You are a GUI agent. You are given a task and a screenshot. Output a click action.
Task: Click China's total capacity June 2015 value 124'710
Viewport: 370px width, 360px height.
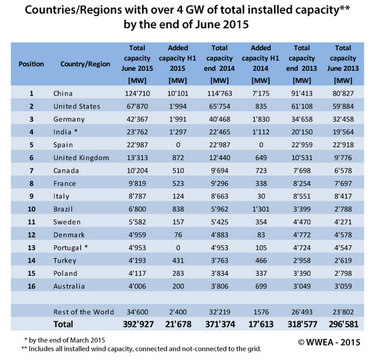pos(137,93)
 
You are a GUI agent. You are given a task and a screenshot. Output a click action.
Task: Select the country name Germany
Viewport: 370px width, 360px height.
pos(69,120)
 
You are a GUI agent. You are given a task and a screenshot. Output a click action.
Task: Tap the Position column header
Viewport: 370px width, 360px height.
pos(31,64)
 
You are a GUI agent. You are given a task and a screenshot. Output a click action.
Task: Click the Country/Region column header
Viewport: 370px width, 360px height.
pos(85,64)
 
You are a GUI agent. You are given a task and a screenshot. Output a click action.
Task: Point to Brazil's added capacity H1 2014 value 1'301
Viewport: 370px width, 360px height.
pos(261,209)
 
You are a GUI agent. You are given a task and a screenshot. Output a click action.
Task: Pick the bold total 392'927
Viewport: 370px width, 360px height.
pos(138,324)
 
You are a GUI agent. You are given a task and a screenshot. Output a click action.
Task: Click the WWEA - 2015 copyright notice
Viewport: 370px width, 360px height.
pos(329,343)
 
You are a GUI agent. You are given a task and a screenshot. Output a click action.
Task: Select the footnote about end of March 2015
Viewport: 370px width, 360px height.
pos(65,340)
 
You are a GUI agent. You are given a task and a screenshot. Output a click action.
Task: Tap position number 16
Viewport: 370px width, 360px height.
pos(31,287)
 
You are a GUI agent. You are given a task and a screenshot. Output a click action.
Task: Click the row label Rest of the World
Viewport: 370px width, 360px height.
pos(83,312)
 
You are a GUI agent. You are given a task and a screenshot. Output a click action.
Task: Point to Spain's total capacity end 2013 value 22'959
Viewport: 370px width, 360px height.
pos(302,145)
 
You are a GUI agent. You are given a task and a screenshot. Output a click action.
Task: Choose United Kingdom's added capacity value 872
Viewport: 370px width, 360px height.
pos(178,158)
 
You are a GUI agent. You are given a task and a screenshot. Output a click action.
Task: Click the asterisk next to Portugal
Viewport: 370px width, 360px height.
pos(86,247)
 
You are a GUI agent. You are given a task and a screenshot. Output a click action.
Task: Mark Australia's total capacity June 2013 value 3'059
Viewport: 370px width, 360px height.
pos(343,287)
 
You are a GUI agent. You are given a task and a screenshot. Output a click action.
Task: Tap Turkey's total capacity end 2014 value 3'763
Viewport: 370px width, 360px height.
pos(219,261)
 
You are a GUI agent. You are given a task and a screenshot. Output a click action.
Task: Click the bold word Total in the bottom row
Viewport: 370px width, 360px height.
pos(63,324)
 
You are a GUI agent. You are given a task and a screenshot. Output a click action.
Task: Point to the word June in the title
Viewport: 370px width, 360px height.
pos(206,24)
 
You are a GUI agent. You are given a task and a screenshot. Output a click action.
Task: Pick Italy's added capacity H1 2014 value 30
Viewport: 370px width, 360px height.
pos(261,197)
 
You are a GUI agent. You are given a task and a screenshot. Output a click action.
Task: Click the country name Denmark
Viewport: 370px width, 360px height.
pos(69,235)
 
